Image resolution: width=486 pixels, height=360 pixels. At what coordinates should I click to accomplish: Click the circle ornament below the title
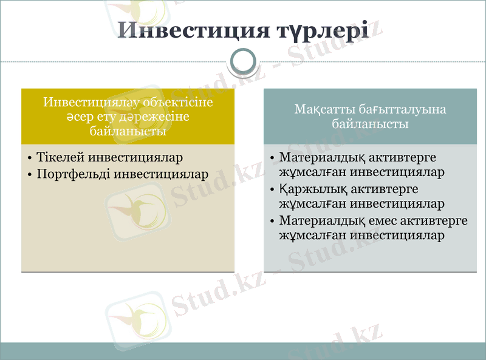pyautogui.click(x=244, y=61)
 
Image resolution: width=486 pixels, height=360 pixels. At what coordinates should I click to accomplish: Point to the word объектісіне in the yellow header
pyautogui.click(x=180, y=102)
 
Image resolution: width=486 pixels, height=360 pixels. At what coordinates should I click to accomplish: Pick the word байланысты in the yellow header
pyautogui.click(x=128, y=131)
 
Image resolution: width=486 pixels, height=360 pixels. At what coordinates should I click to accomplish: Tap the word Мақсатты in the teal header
pyautogui.click(x=321, y=110)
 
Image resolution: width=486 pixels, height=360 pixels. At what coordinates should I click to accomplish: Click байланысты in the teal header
pyautogui.click(x=370, y=124)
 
